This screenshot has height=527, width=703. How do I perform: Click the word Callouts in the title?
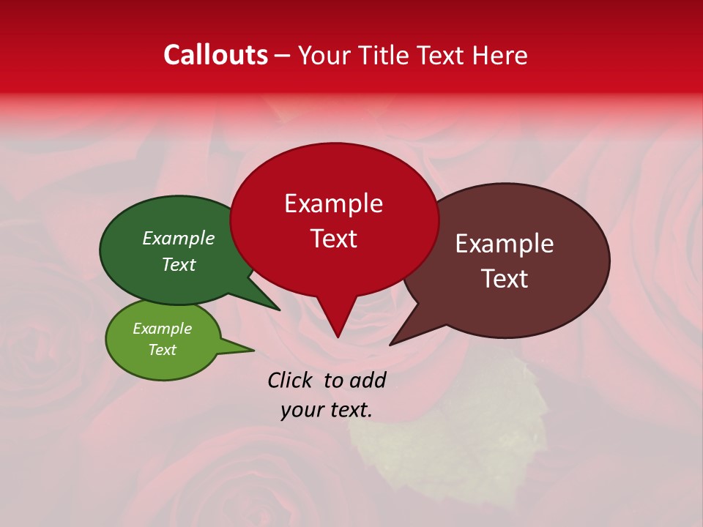[215, 55]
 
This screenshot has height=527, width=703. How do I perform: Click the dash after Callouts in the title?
[283, 56]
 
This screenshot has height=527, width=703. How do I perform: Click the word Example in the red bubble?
[333, 203]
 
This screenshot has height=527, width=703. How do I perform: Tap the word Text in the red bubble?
[333, 239]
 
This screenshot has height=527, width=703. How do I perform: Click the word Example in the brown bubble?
[505, 244]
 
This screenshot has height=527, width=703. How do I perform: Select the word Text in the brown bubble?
[505, 279]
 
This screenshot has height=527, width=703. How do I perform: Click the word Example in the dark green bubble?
[178, 238]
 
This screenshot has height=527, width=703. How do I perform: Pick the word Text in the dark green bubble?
[178, 264]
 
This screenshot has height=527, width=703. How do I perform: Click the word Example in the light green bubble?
[162, 329]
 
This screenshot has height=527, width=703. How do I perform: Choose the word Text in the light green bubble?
[162, 350]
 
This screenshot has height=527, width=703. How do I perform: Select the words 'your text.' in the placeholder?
[327, 411]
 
